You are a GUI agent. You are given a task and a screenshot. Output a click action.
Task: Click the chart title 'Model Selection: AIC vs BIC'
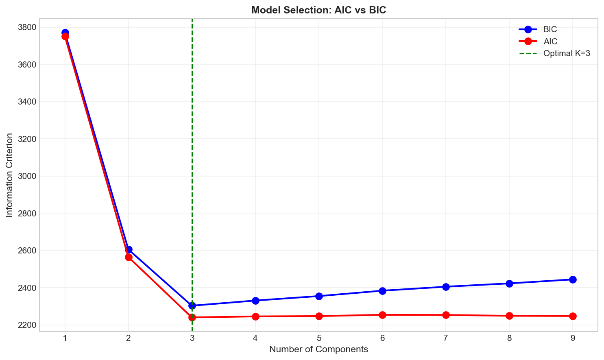[x=318, y=10]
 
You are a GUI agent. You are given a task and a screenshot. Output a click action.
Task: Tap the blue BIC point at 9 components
[x=573, y=279]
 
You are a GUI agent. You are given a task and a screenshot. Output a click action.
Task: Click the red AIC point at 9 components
[x=573, y=316]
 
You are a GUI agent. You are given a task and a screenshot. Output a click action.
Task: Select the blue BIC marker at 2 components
[x=129, y=249]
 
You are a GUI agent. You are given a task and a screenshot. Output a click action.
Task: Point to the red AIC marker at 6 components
[x=382, y=315]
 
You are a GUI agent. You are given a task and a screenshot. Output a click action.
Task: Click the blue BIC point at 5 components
[x=319, y=296]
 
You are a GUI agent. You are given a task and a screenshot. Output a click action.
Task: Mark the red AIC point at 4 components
[x=255, y=316]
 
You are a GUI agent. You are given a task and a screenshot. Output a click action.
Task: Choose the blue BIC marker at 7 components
[x=446, y=287]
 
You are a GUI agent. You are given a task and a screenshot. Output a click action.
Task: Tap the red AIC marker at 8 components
[x=509, y=316]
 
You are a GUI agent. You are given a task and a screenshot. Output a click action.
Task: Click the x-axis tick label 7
[x=446, y=338]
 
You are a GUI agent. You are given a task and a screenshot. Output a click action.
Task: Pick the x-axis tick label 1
[x=65, y=338]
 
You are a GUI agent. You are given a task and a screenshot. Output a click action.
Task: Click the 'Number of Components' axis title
[x=318, y=349]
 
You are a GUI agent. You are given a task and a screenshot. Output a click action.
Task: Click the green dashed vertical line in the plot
[x=192, y=163]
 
